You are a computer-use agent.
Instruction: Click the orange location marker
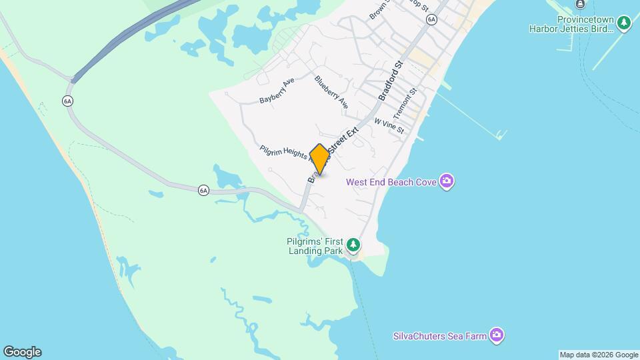pyautogui.click(x=319, y=159)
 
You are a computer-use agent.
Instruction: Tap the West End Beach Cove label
pyautogui.click(x=391, y=182)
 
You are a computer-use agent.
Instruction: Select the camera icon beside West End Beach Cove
pyautogui.click(x=447, y=181)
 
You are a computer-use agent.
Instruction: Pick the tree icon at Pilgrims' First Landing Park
pyautogui.click(x=354, y=246)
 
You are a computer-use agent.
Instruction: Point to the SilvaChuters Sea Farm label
pyautogui.click(x=439, y=336)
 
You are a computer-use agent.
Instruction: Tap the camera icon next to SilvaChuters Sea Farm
pyautogui.click(x=496, y=335)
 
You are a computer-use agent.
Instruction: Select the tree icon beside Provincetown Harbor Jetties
pyautogui.click(x=624, y=24)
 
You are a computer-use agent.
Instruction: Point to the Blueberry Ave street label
pyautogui.click(x=331, y=92)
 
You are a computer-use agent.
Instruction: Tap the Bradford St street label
pyautogui.click(x=391, y=81)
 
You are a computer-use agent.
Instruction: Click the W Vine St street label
pyautogui.click(x=389, y=126)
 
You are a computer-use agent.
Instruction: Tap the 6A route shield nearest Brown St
pyautogui.click(x=431, y=20)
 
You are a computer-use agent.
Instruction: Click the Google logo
pyautogui.click(x=21, y=352)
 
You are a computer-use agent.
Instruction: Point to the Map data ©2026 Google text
pyautogui.click(x=599, y=355)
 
